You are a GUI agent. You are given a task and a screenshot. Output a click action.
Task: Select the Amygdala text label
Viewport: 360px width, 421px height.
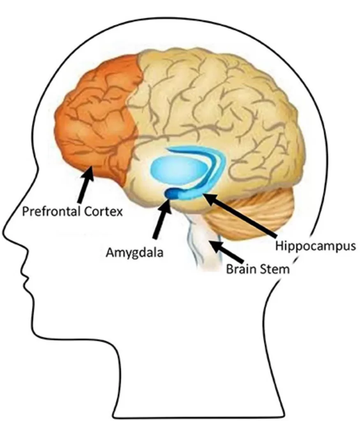[134, 252]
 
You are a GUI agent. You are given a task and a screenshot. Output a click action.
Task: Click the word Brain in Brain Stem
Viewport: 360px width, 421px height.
[241, 270]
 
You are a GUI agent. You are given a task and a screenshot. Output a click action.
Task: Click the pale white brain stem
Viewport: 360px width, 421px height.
[201, 247]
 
